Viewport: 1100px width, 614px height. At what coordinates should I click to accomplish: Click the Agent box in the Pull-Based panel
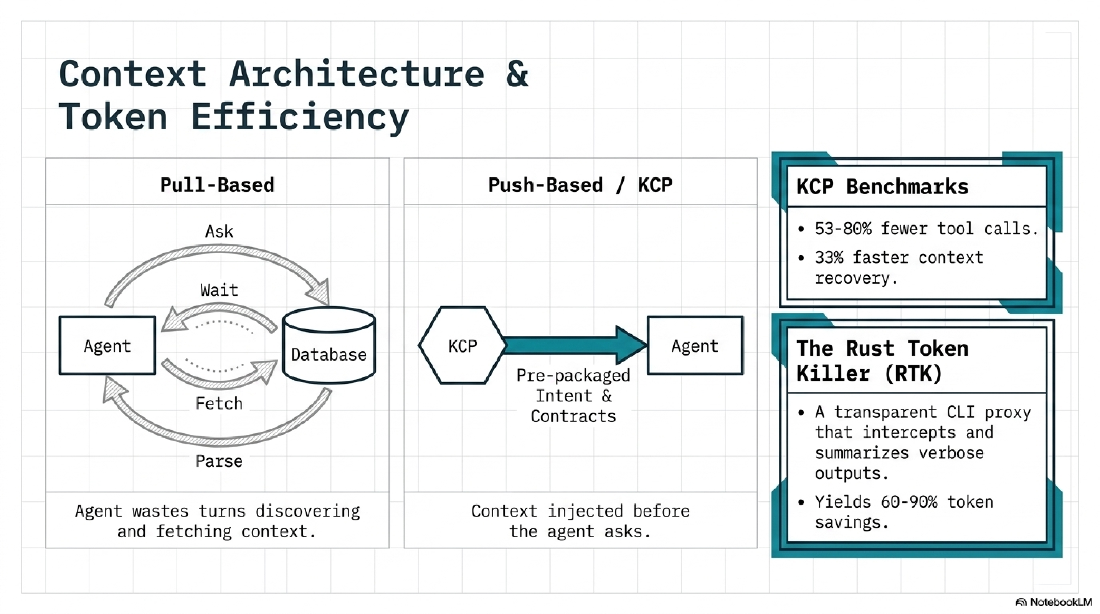tap(107, 345)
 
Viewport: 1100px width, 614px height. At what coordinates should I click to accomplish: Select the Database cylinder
tap(329, 346)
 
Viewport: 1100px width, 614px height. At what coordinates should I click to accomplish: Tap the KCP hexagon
tap(462, 345)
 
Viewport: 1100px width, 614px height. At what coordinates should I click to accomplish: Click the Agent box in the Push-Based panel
tap(695, 345)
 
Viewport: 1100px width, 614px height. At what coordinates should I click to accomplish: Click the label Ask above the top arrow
tap(219, 231)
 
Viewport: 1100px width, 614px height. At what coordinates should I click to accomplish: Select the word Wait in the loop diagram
tap(219, 290)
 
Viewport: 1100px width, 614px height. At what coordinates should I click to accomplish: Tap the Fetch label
tap(219, 403)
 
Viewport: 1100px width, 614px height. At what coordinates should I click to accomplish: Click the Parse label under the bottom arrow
tap(219, 461)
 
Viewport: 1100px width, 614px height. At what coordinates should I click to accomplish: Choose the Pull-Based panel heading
tap(217, 185)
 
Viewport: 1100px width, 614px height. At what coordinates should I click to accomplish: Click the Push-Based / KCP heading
tap(580, 185)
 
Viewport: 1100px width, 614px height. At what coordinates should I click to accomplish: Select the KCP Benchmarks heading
tap(882, 187)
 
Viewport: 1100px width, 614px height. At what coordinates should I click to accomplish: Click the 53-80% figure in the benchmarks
tap(842, 229)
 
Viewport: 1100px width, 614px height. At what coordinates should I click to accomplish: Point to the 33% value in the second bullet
tap(828, 257)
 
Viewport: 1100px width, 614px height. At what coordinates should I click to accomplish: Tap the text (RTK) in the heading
tap(913, 374)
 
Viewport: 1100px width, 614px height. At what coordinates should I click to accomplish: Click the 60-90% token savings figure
tap(909, 502)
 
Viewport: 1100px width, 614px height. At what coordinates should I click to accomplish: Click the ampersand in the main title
tap(517, 74)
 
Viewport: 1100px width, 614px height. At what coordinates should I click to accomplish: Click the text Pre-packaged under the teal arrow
tap(573, 376)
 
